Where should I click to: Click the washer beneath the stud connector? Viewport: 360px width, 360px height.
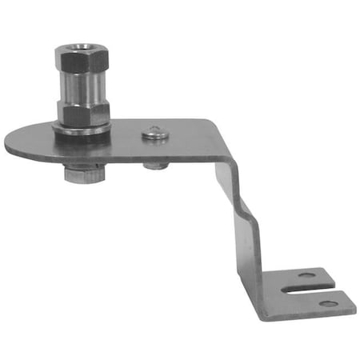click(82, 129)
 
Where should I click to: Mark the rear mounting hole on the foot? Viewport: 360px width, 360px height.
click(306, 276)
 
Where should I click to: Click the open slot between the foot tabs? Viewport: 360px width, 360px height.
click(312, 289)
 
